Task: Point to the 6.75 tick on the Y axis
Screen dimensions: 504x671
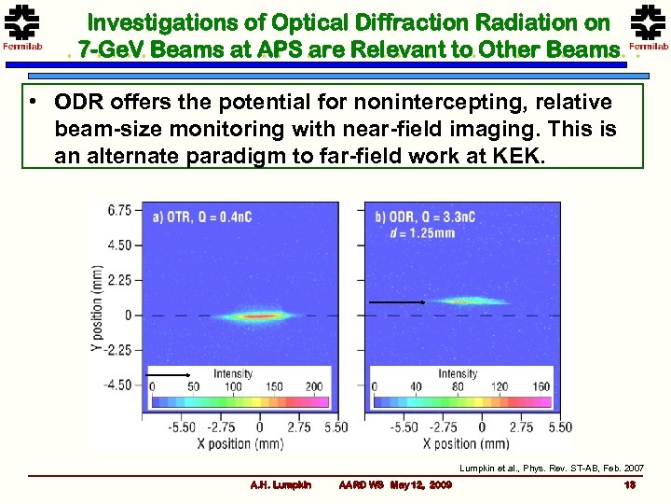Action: [x=119, y=210]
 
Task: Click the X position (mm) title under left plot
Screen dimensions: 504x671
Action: [x=245, y=443]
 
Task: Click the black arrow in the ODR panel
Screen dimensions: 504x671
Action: [x=397, y=302]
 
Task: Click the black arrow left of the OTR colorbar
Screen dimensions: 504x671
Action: [x=169, y=374]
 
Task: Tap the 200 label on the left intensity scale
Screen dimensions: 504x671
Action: [x=313, y=386]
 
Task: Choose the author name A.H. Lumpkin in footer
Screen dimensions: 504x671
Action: [x=281, y=484]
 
